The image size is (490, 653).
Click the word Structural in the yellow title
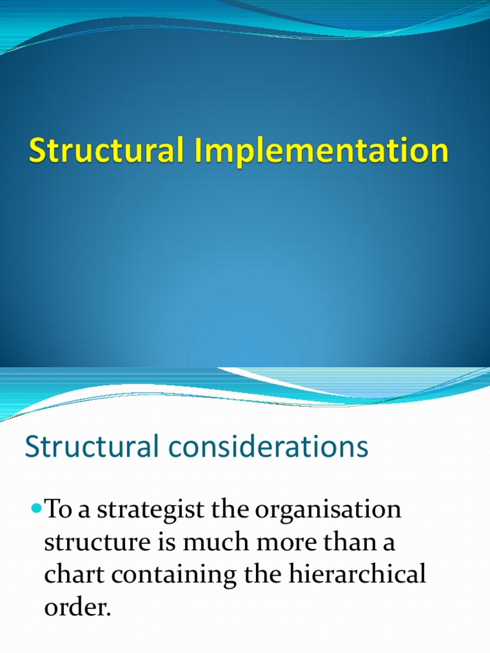101,152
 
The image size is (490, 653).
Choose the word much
212,543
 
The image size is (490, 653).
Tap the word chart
77,575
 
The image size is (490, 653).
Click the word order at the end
77,608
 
